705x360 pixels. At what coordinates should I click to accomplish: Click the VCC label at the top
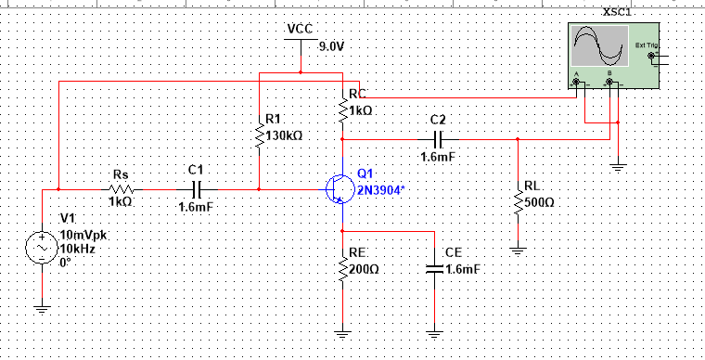300,28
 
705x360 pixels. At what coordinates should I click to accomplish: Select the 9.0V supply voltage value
331,45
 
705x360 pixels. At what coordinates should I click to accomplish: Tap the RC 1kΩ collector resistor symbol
342,109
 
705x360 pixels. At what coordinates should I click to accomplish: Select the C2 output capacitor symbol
440,139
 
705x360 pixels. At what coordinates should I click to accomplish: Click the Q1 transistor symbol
338,188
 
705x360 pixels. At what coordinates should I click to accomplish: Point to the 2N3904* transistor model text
380,189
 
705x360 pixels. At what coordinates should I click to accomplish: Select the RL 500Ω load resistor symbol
518,200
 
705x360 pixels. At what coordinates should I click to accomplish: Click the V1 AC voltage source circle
42,249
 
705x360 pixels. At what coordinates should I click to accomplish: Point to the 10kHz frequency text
78,250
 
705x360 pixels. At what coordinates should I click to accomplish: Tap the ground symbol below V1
42,308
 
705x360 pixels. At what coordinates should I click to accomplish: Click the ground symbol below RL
518,249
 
